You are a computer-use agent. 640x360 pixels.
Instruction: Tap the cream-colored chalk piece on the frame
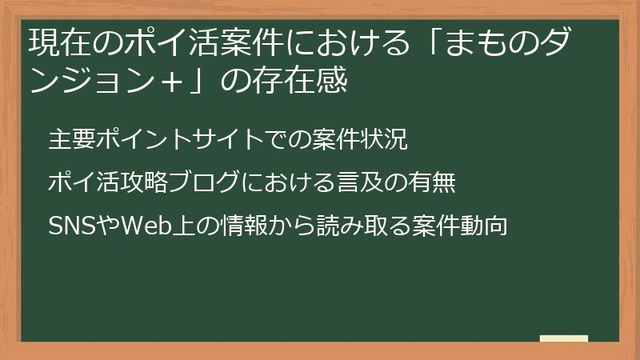(564, 338)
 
